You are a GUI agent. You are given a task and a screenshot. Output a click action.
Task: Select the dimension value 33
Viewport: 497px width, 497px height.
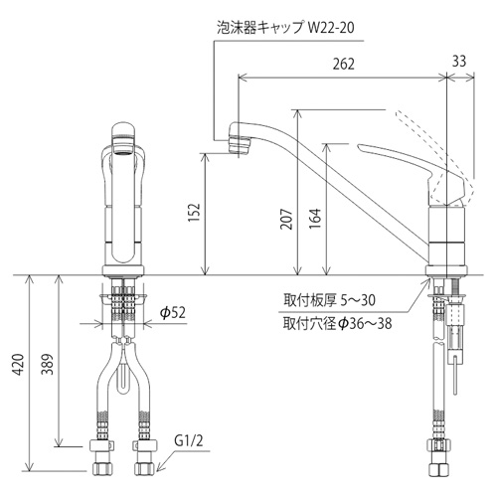click(x=458, y=63)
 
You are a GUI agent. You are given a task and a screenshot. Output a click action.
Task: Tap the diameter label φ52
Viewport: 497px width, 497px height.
click(x=175, y=312)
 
